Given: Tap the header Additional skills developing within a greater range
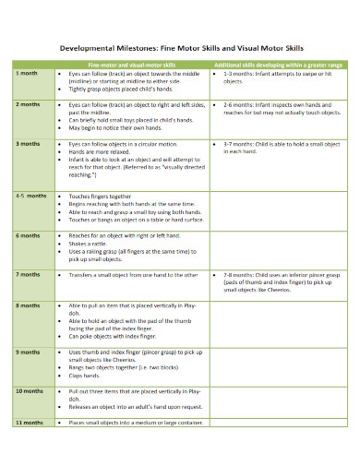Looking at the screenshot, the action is click(278, 64).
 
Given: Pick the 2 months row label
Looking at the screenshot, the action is click(30, 106).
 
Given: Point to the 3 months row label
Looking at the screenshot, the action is click(30, 145).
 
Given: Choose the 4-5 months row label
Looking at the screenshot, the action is click(31, 197).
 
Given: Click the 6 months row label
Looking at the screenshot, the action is click(30, 235).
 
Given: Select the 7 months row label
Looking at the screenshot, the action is click(30, 275).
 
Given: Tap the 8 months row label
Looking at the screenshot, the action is click(30, 304).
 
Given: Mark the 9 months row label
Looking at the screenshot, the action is click(30, 352).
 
